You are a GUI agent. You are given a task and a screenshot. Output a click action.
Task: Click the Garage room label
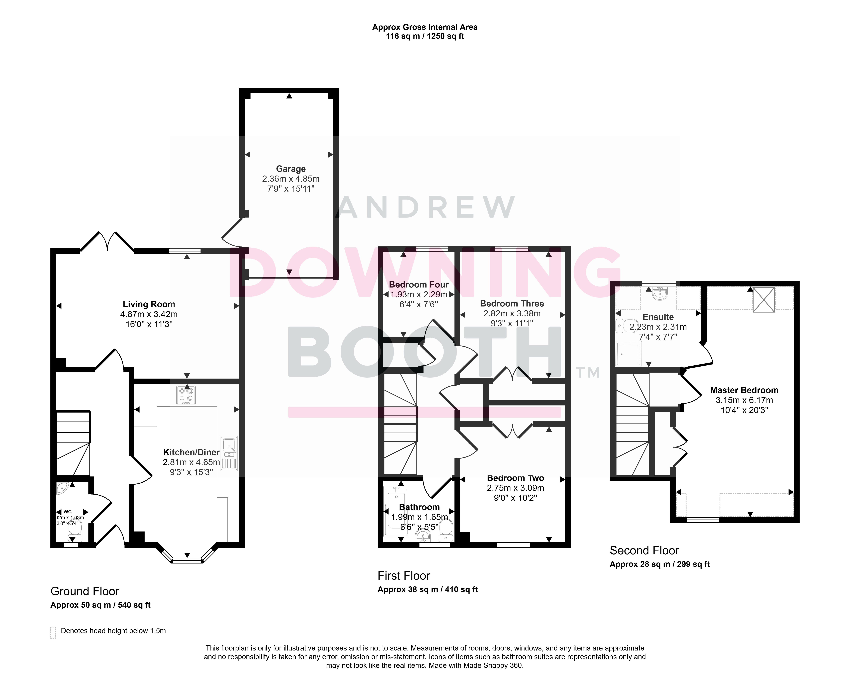[291, 169]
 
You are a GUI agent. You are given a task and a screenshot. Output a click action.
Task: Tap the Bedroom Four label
[419, 285]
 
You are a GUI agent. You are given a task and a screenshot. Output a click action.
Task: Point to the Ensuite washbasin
[660, 293]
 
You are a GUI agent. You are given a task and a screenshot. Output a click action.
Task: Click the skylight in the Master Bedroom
[764, 300]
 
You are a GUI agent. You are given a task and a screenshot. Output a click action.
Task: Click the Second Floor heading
[644, 550]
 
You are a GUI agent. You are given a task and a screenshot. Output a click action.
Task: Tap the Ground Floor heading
[85, 591]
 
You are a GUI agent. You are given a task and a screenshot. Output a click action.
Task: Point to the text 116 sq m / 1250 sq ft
[425, 36]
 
